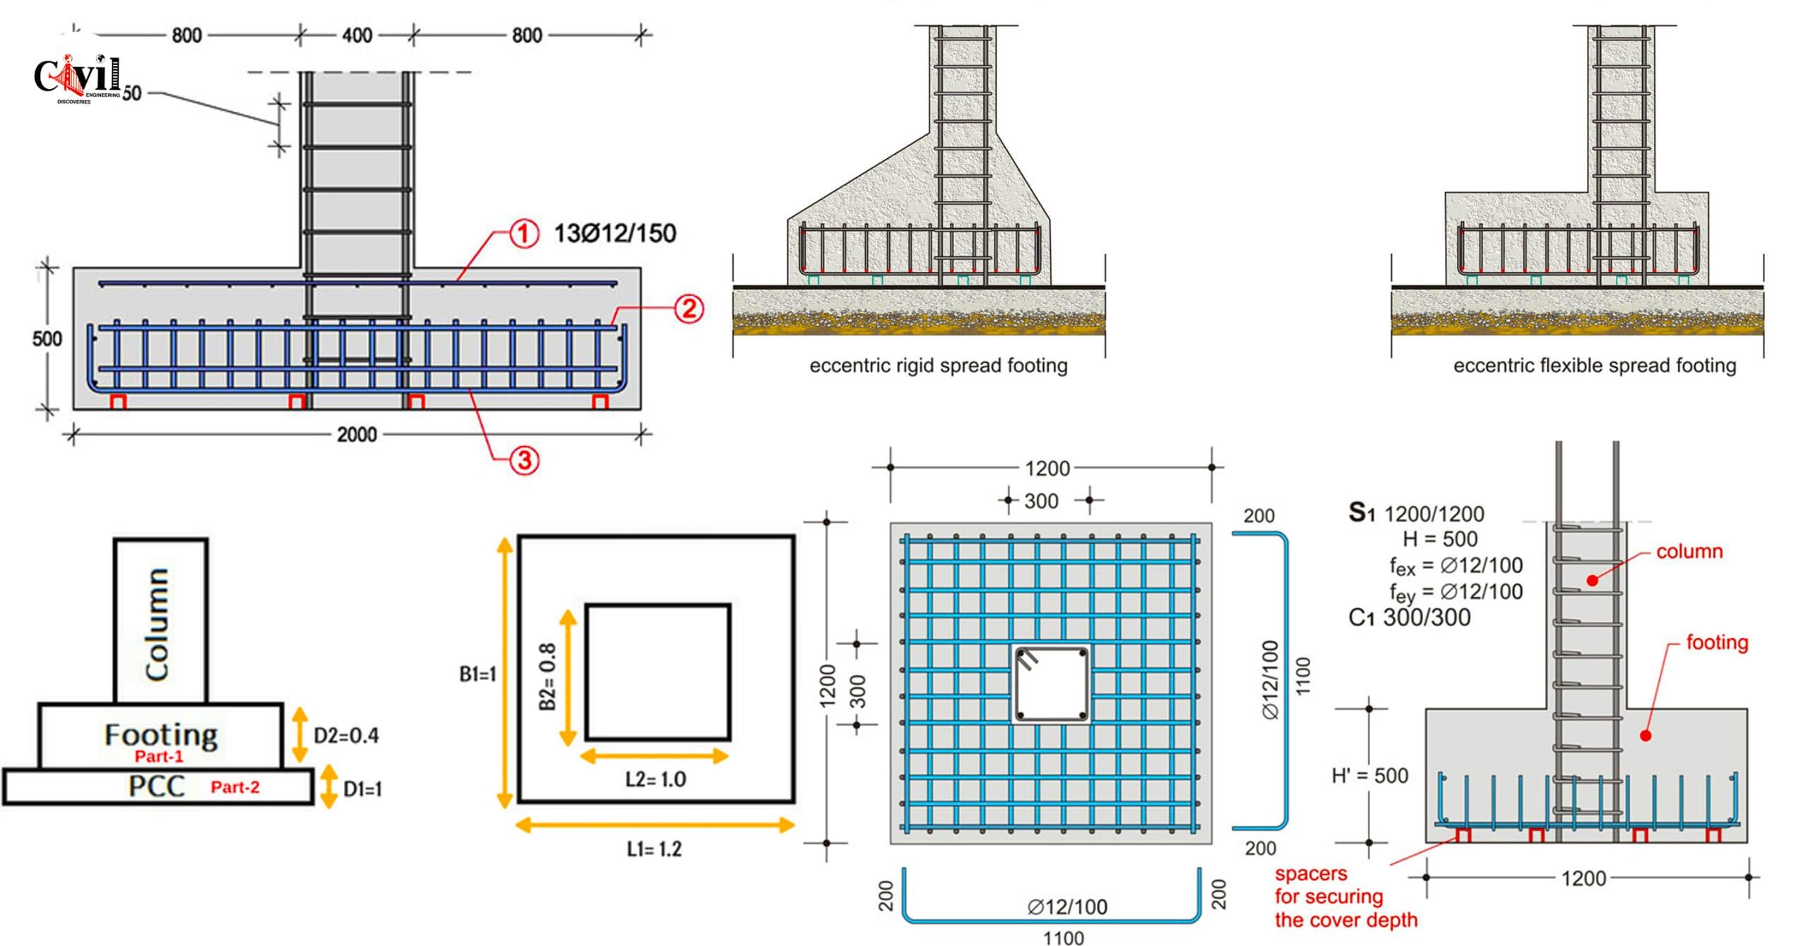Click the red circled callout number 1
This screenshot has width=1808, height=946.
point(523,233)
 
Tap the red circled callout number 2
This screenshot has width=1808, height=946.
point(689,309)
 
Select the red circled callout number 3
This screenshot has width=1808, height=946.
point(525,461)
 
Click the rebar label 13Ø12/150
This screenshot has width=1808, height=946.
point(615,234)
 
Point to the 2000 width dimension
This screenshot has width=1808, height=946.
point(357,434)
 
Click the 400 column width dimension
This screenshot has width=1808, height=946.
point(357,35)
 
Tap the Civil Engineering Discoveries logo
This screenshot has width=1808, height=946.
point(78,78)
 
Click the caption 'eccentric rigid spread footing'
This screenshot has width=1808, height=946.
point(939,366)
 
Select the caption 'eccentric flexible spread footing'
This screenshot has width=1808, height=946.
point(1595,366)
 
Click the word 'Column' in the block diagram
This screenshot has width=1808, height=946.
point(157,624)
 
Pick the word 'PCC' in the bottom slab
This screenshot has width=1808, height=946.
point(157,786)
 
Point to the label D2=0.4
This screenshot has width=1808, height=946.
point(346,736)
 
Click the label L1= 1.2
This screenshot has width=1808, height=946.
point(655,849)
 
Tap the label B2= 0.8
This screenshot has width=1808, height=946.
point(547,676)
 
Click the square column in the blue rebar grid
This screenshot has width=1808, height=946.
point(1051,685)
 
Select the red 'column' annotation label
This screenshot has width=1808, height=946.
point(1689,551)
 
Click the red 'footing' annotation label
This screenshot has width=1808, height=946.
point(1717,642)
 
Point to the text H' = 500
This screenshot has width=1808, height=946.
point(1370,776)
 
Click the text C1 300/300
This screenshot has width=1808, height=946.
point(1408,618)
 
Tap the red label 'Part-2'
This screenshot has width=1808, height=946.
point(235,787)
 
